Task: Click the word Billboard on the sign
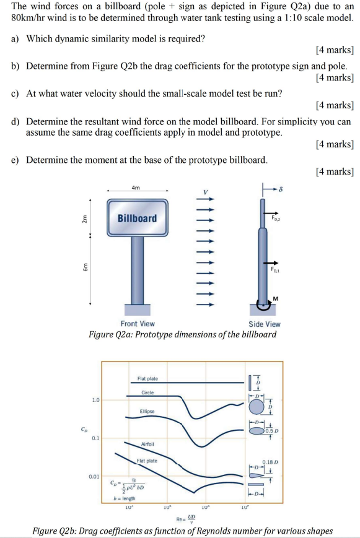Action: click(138, 218)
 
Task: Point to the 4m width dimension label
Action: click(136, 187)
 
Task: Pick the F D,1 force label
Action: click(276, 270)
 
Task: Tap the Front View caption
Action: click(138, 323)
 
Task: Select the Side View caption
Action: click(265, 323)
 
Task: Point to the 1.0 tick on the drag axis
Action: click(95, 399)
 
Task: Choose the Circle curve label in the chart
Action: click(147, 393)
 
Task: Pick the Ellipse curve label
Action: click(147, 411)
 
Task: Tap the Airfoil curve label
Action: click(147, 444)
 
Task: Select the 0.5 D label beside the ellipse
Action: click(273, 430)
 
